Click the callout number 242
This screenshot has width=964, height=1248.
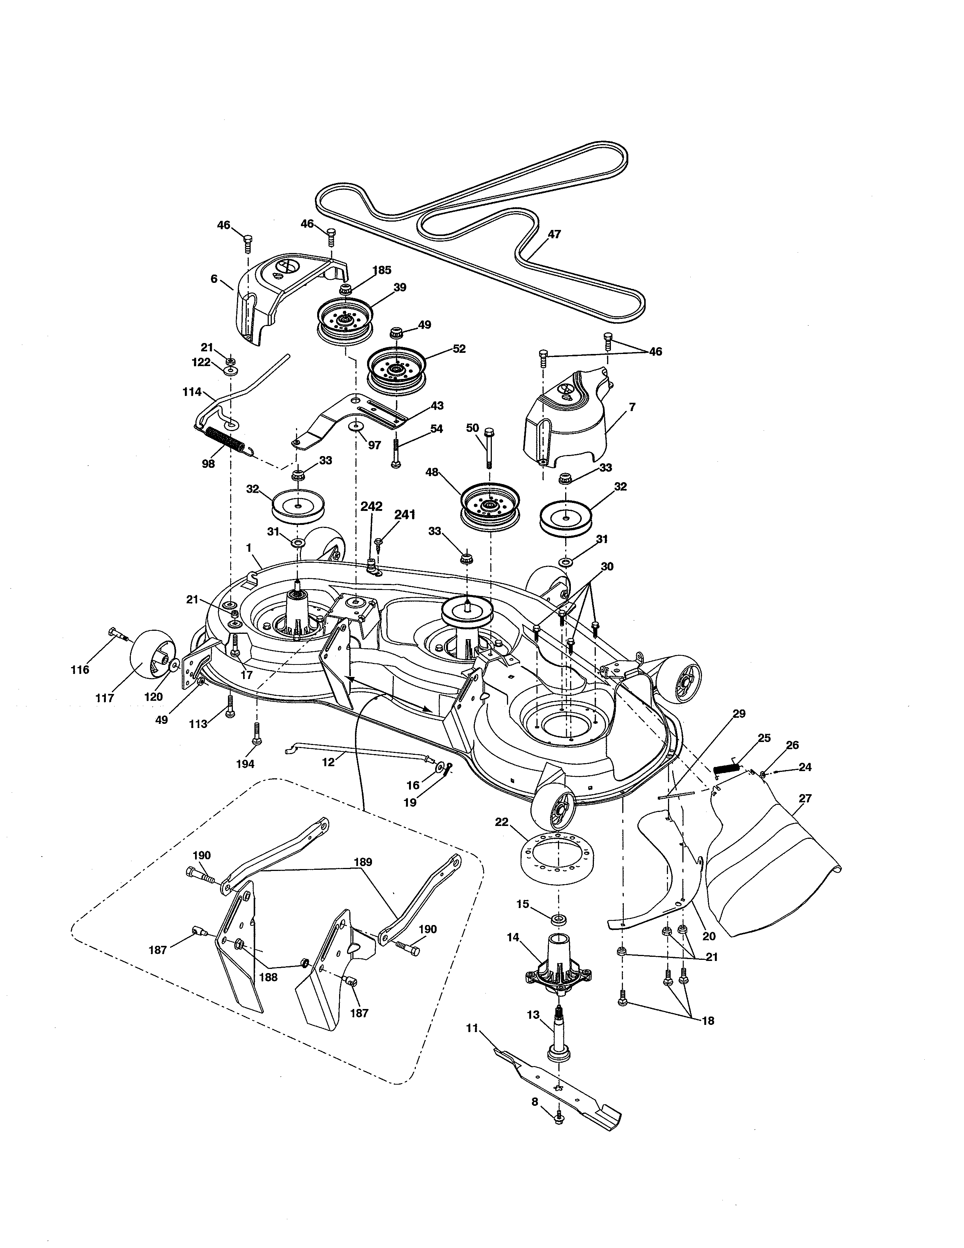click(x=371, y=507)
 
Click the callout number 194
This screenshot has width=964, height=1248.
click(x=246, y=764)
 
